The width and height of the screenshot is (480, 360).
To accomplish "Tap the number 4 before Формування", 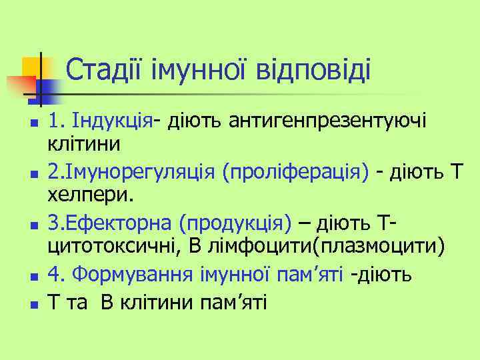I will click(55, 273).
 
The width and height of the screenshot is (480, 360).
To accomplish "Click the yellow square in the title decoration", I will click(31, 67).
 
